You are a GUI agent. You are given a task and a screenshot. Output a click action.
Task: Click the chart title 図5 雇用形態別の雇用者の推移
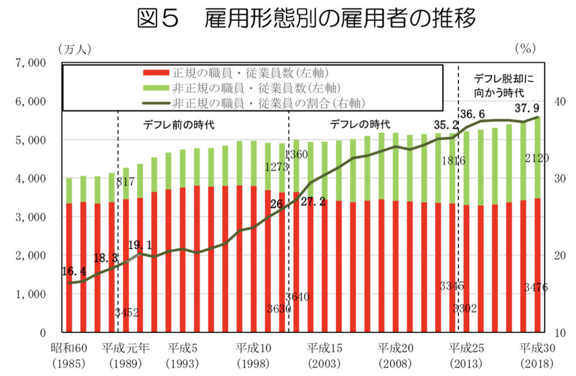click(x=306, y=19)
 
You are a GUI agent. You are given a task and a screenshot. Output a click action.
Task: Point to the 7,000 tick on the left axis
click(x=28, y=63)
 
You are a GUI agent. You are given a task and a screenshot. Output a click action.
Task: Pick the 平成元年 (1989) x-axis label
click(x=125, y=354)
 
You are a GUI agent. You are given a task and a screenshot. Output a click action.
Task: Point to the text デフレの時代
click(x=359, y=124)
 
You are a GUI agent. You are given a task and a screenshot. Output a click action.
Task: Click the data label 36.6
click(x=474, y=114)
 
